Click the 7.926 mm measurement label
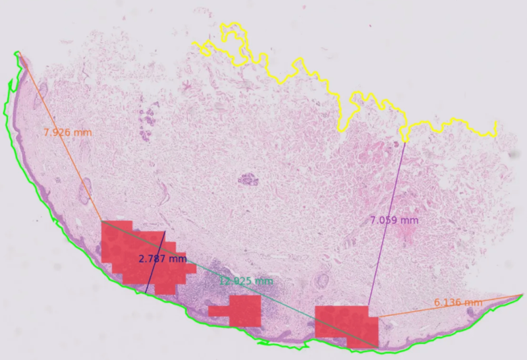coord(67,133)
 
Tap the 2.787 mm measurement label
coord(162,258)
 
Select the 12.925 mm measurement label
coord(245,282)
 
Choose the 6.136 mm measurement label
coord(458,303)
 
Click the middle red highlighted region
coord(240,311)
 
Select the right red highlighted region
coord(343,323)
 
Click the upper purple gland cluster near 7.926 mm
coord(146,122)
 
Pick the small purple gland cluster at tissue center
coord(248,179)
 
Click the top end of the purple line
coord(406,140)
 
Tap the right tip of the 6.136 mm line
coord(523,294)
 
